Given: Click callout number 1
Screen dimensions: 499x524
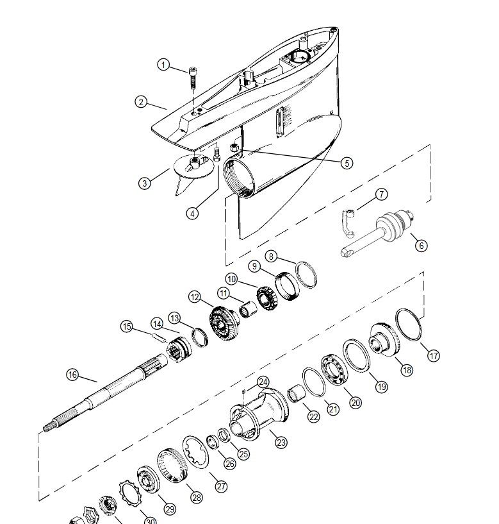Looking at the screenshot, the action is coord(165,65).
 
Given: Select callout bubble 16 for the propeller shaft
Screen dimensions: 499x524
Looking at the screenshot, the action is coord(72,375).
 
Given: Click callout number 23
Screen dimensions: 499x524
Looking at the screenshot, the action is coord(280,443).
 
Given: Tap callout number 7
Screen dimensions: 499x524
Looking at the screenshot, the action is coord(381,194).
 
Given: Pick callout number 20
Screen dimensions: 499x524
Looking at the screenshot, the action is coord(356,402).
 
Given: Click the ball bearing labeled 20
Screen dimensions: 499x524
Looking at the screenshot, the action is coord(335,370).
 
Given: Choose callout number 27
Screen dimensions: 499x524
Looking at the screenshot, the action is coord(221,487).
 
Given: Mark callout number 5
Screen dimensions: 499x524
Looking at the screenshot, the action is coord(347,164).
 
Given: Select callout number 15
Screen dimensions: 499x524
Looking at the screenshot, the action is coord(127,326).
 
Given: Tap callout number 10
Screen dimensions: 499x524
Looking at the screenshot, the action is coord(231,279).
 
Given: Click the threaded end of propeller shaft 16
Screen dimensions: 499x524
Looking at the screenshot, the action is coord(51,426).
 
